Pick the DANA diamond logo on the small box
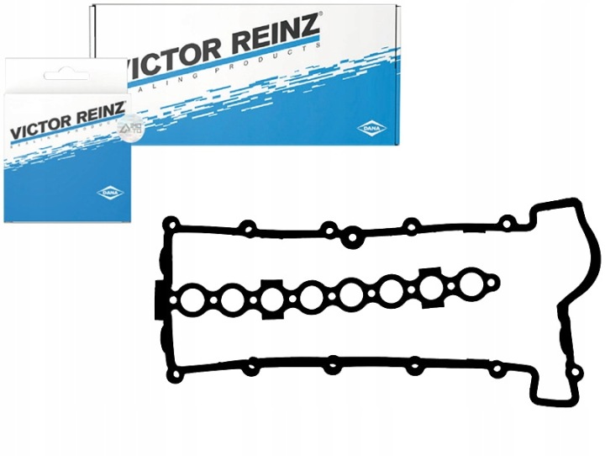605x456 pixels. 109,193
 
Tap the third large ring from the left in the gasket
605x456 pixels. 271,297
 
